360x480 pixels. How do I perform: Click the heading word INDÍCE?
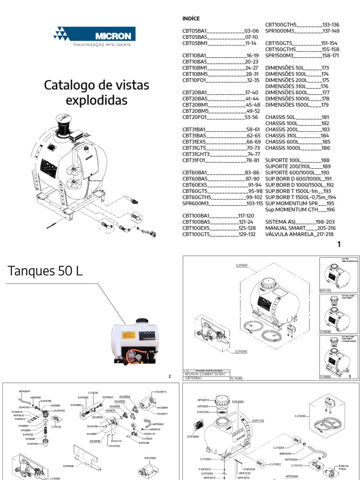(190, 18)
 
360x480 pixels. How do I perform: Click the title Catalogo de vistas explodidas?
(97, 92)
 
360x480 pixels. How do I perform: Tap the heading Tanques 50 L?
(45, 270)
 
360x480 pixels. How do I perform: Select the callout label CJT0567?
(241, 265)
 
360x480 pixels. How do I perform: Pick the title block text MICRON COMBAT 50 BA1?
(205, 374)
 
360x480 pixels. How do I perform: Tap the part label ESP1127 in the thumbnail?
(325, 290)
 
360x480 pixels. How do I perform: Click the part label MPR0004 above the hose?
(24, 391)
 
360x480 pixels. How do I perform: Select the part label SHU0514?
(161, 391)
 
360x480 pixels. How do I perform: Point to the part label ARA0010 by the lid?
(203, 400)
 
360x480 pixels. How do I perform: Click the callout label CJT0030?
(300, 415)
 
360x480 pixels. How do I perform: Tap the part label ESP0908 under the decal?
(193, 436)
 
